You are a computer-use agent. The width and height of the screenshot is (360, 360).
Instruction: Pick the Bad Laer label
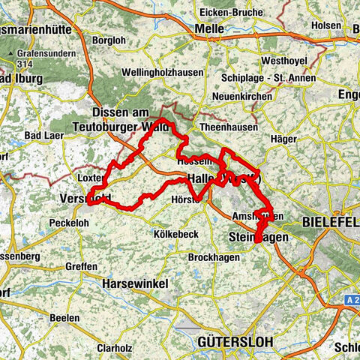(43, 134)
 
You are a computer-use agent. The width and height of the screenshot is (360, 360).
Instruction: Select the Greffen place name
(80, 266)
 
